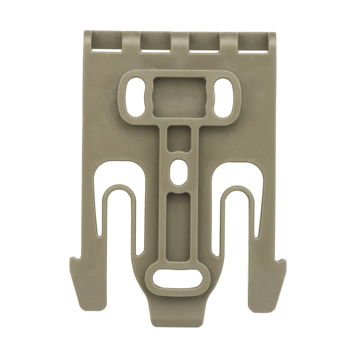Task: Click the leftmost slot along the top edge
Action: (107, 42)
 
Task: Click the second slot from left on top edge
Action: (155, 42)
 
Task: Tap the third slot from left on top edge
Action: (204, 42)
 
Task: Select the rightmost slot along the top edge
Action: (253, 42)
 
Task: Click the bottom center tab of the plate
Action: (179, 317)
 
